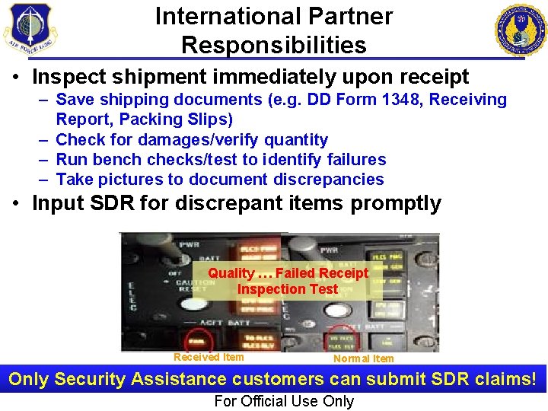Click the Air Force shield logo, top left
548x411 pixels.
30,28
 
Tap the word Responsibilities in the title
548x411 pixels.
274,45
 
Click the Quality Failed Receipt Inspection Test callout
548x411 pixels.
288,281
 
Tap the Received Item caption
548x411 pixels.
209,358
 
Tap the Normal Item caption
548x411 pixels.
364,358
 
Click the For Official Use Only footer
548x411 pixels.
284,401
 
